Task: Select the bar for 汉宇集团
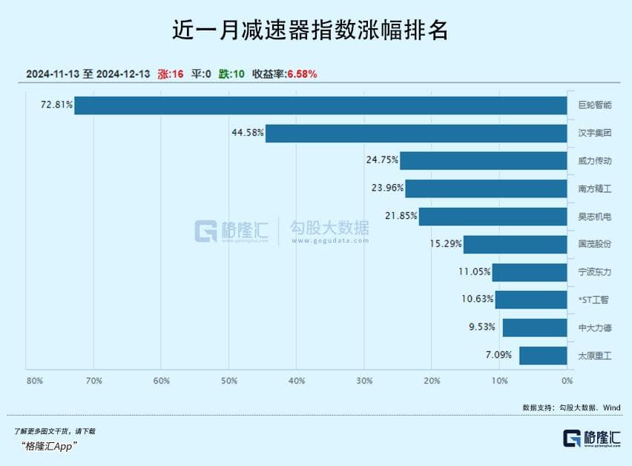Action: (x=416, y=134)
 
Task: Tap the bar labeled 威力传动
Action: (x=483, y=161)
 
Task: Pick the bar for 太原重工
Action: (x=543, y=355)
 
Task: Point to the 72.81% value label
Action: (x=57, y=105)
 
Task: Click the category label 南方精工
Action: (x=595, y=189)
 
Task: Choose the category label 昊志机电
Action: (x=595, y=217)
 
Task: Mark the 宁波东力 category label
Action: (x=595, y=272)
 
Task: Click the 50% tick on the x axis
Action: (x=229, y=381)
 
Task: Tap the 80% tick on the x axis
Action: (x=34, y=381)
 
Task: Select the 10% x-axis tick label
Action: (x=499, y=381)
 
